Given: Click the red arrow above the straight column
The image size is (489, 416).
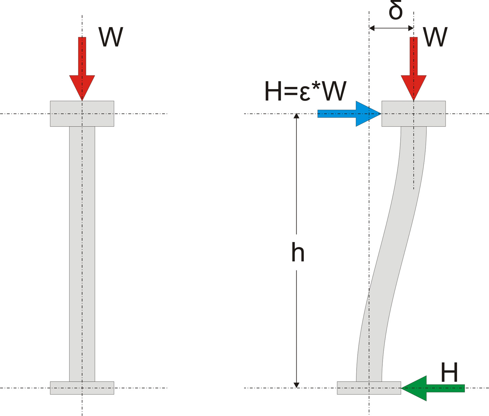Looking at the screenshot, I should [x=82, y=69].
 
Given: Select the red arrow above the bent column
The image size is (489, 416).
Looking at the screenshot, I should [x=413, y=69].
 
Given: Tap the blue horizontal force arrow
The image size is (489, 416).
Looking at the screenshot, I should [x=347, y=114].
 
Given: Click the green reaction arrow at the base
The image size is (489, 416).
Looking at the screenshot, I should [x=433, y=388].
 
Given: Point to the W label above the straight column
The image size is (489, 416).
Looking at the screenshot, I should [x=111, y=37].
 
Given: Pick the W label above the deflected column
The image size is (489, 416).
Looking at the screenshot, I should [x=435, y=37].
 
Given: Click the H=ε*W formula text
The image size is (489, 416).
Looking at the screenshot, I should [x=305, y=92].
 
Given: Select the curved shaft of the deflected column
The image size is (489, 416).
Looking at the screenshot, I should [x=392, y=243].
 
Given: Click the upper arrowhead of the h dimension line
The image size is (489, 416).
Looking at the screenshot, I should [x=296, y=116].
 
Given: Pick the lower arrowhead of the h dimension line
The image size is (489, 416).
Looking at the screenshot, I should [x=296, y=385].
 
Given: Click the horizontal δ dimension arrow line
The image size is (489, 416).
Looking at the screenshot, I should [x=391, y=28].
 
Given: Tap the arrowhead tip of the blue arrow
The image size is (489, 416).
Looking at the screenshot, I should [x=380, y=114].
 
